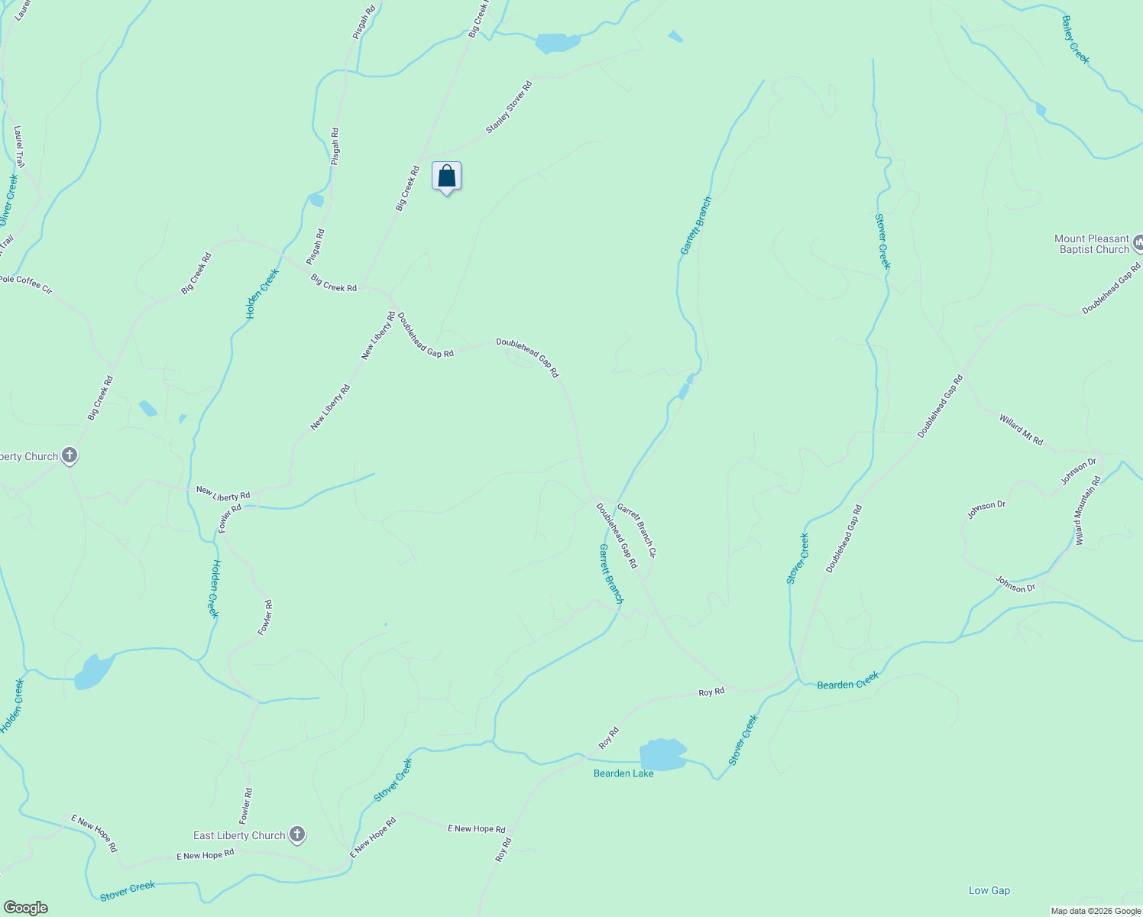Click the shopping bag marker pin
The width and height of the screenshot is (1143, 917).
click(447, 177)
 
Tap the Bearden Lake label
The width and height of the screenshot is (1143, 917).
click(623, 773)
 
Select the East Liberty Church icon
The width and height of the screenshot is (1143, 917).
click(297, 835)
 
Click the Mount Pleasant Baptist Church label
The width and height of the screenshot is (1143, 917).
click(1091, 245)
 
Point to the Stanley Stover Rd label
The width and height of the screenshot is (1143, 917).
click(509, 107)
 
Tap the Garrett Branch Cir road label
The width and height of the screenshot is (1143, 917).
click(636, 530)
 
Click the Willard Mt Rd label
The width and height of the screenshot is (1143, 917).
click(1021, 429)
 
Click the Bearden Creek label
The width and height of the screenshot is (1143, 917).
click(847, 681)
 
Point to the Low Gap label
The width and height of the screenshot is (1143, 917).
click(989, 890)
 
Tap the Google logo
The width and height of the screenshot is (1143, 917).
click(25, 908)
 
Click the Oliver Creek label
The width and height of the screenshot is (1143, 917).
click(8, 199)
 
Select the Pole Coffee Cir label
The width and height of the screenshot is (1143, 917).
click(26, 284)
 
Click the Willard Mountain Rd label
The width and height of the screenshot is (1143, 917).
click(1089, 510)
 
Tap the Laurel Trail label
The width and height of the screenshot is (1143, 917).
click(19, 147)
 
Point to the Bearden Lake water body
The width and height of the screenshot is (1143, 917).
click(662, 755)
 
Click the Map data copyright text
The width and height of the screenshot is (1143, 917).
click(1095, 911)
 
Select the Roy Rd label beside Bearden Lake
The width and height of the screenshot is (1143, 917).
click(609, 737)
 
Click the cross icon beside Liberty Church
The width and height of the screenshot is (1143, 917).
click(70, 456)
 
